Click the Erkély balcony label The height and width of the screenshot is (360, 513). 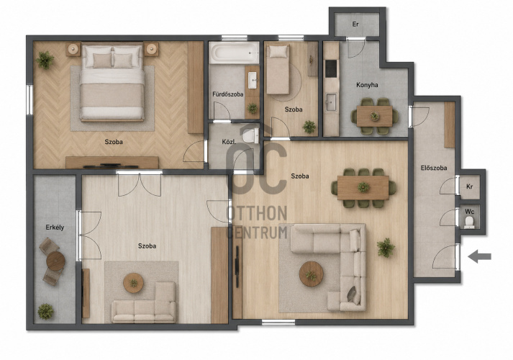[55, 228]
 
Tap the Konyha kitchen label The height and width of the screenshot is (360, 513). [367, 85]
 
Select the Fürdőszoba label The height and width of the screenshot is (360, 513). [227, 94]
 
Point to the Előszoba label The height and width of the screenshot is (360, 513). [434, 168]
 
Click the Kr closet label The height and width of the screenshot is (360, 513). [470, 187]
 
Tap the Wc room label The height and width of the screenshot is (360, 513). [470, 212]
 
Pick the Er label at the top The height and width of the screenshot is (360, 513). [355, 24]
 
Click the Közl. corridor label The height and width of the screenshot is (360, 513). [229, 142]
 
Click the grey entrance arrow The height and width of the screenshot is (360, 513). [480, 256]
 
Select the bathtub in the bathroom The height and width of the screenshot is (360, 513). [235, 53]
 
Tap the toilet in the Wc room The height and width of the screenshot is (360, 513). [470, 222]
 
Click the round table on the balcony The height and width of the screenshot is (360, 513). [55, 261]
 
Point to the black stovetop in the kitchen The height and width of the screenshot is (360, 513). [331, 68]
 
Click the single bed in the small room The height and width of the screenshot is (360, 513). [278, 69]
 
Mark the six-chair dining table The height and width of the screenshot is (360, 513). [363, 187]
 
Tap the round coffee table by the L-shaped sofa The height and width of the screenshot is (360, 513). [311, 274]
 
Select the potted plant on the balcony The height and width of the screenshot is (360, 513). [45, 311]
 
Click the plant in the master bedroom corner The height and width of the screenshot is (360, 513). [45, 60]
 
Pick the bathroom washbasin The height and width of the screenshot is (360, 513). [253, 80]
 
